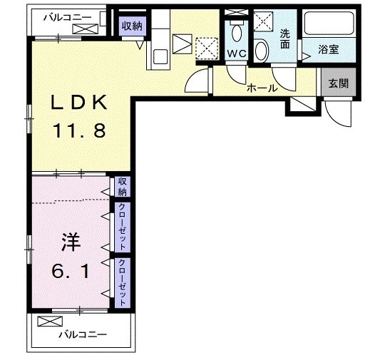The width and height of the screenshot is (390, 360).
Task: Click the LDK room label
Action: click(78, 103)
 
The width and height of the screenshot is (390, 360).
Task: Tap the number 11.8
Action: click(78, 130)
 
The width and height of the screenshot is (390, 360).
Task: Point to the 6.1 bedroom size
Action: click(69, 271)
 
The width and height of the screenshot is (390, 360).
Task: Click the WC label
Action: click(236, 53)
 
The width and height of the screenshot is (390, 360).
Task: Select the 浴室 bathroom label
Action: click(329, 51)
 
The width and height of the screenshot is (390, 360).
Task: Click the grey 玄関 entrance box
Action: click(338, 83)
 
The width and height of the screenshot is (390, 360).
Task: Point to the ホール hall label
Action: click(262, 89)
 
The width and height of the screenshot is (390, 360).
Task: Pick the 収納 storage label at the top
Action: click(131, 26)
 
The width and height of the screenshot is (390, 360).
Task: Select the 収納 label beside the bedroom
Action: click(123, 187)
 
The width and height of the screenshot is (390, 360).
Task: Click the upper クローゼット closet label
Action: click(123, 227)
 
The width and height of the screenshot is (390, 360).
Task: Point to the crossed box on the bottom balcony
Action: click(46, 321)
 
